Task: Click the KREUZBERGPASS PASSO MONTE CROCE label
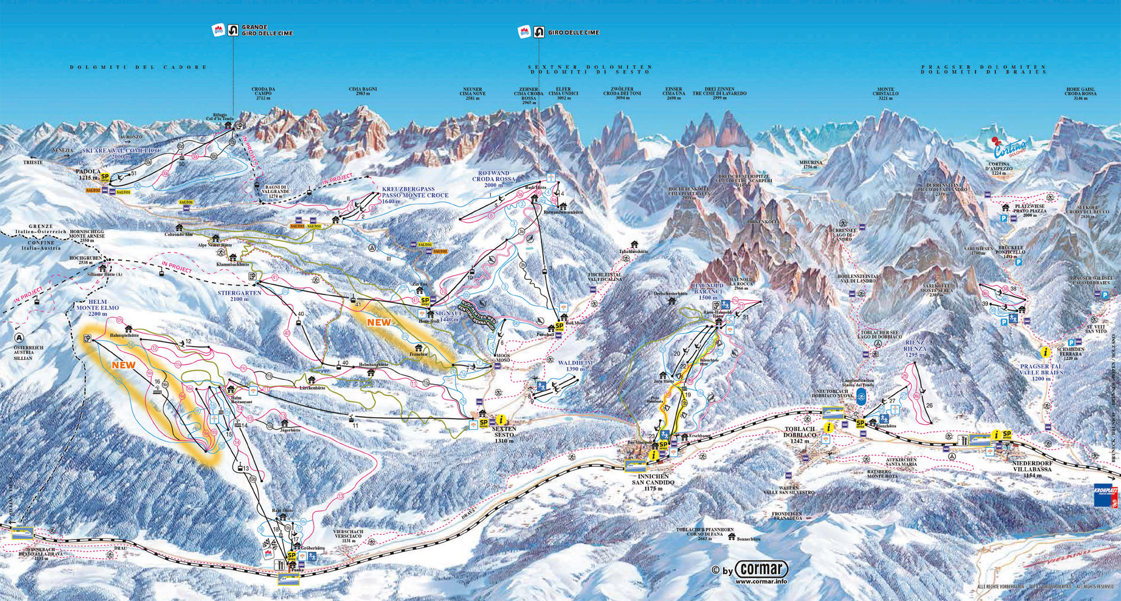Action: point(415,192)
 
